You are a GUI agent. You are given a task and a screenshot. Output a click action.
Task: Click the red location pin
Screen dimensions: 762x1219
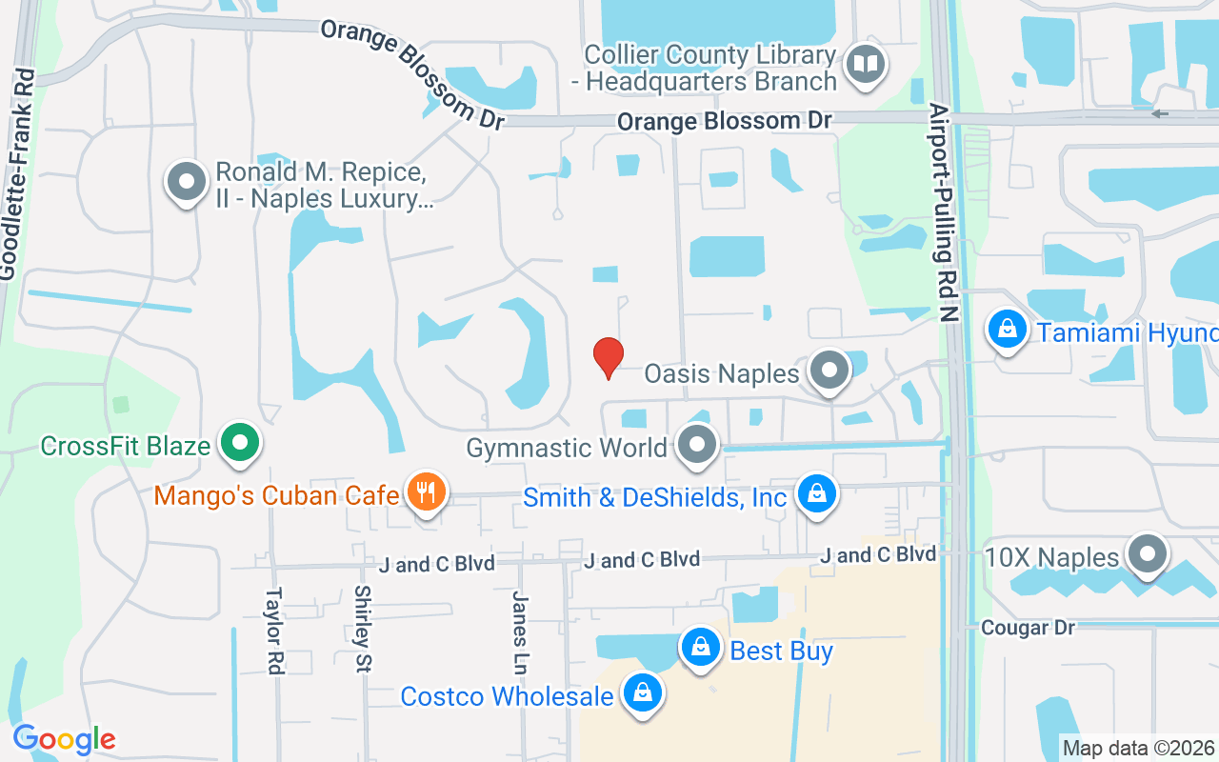pyautogui.click(x=609, y=357)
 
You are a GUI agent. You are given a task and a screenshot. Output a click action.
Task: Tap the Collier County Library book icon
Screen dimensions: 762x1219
pyautogui.click(x=866, y=66)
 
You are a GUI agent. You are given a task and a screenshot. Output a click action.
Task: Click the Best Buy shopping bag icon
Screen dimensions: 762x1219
pyautogui.click(x=701, y=648)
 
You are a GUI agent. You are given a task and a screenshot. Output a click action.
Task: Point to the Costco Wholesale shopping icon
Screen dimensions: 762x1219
pyautogui.click(x=643, y=692)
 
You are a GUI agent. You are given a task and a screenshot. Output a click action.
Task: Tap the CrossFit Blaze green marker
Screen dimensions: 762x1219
pyautogui.click(x=240, y=443)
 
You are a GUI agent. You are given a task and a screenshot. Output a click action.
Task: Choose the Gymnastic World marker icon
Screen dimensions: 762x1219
pyautogui.click(x=698, y=444)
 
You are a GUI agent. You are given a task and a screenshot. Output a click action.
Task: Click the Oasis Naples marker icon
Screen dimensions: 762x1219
pyautogui.click(x=829, y=370)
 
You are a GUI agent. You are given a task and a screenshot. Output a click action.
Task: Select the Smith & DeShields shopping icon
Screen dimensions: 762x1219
pyautogui.click(x=816, y=493)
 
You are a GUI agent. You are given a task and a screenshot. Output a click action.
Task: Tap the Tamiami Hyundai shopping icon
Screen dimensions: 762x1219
pyautogui.click(x=1008, y=330)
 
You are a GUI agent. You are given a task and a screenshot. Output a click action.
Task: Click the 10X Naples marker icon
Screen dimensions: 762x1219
pyautogui.click(x=1147, y=553)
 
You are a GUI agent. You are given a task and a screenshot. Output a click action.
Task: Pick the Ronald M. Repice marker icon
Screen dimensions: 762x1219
pyautogui.click(x=187, y=181)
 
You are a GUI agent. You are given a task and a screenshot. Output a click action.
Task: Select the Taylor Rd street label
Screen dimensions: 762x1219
pyautogui.click(x=274, y=631)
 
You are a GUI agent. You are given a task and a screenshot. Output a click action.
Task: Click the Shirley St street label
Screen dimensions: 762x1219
pyautogui.click(x=362, y=629)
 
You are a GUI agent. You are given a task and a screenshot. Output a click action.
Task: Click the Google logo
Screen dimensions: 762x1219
pyautogui.click(x=64, y=739)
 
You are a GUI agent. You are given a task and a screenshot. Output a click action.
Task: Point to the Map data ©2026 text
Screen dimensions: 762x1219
pyautogui.click(x=1138, y=749)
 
